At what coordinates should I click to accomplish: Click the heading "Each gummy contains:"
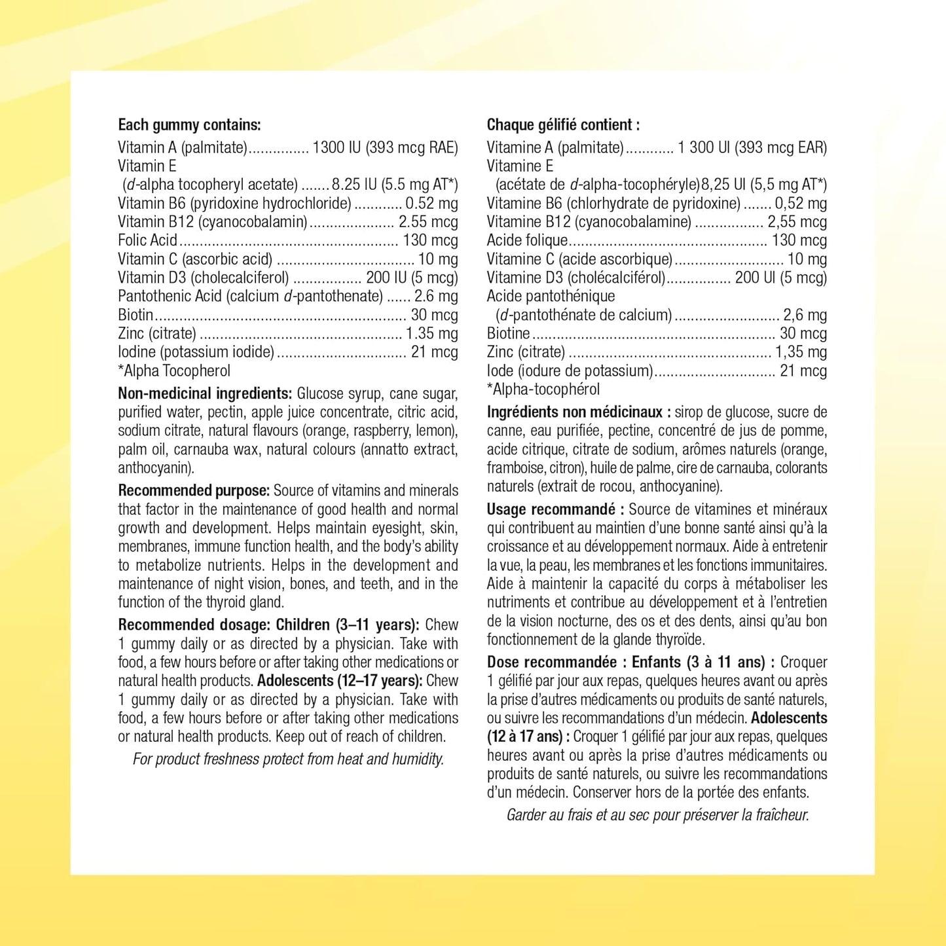pyautogui.click(x=189, y=125)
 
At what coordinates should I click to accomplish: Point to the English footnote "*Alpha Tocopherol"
pyautogui.click(x=174, y=371)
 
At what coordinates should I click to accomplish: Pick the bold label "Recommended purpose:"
pyautogui.click(x=194, y=490)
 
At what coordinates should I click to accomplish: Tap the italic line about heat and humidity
pyautogui.click(x=288, y=759)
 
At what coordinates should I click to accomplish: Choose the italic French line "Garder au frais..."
pyautogui.click(x=657, y=815)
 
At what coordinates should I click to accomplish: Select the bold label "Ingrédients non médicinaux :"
pyautogui.click(x=579, y=412)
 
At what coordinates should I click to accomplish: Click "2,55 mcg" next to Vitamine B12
pyautogui.click(x=797, y=222)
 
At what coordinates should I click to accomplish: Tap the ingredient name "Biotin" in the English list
pyautogui.click(x=136, y=315)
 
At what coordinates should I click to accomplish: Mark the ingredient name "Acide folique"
pyautogui.click(x=527, y=240)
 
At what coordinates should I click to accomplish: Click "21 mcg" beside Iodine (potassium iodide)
pyautogui.click(x=434, y=352)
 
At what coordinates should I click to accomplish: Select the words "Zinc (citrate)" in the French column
pyautogui.click(x=526, y=352)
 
